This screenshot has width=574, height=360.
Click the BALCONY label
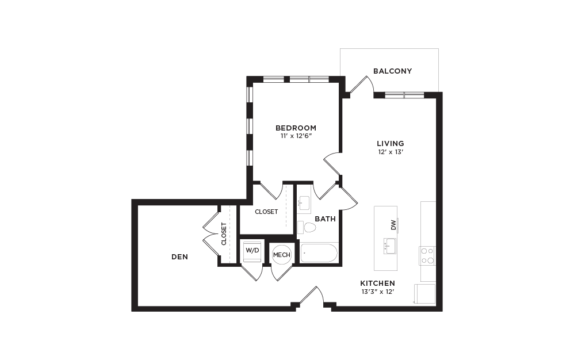(x=392, y=71)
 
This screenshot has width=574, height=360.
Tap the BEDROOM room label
(x=296, y=128)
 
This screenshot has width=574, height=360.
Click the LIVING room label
(x=391, y=143)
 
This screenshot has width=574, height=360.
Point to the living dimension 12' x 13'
(x=391, y=152)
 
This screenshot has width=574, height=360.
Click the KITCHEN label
(x=377, y=283)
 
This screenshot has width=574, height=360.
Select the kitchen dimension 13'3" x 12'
(x=377, y=292)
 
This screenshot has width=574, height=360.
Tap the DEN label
(x=180, y=257)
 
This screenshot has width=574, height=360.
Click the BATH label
(x=325, y=219)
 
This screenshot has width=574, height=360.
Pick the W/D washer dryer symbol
(x=252, y=251)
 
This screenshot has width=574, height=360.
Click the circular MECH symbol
(x=281, y=255)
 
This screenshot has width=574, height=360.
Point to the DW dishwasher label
(x=393, y=225)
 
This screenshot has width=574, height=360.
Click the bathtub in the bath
(x=319, y=253)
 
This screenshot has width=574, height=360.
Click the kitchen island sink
(x=389, y=246)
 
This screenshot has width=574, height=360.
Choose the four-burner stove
(x=427, y=255)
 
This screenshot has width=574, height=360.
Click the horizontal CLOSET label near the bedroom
(x=266, y=212)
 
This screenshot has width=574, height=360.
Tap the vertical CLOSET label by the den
(x=224, y=234)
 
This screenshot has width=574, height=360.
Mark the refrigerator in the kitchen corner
(x=424, y=294)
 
